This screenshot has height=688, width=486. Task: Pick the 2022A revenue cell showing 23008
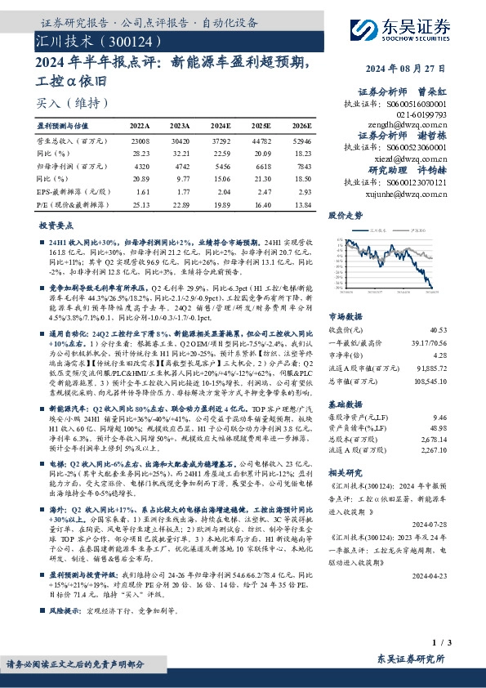pyautogui.click(x=140, y=141)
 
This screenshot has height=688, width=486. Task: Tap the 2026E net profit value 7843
pyautogui.click(x=301, y=164)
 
